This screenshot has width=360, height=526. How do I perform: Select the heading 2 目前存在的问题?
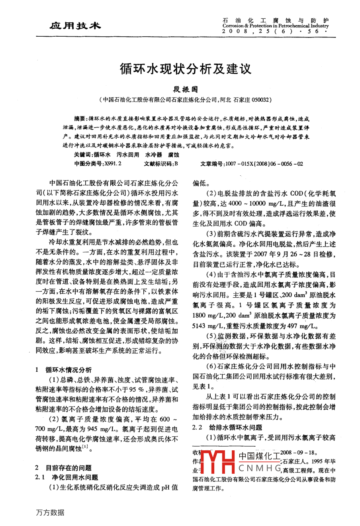(64, 468)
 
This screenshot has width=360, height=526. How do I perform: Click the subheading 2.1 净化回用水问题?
(67, 477)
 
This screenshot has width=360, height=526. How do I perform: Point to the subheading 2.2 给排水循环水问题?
(227, 428)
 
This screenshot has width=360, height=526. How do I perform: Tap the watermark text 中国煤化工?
(259, 456)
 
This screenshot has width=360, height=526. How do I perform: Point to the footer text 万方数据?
(50, 512)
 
